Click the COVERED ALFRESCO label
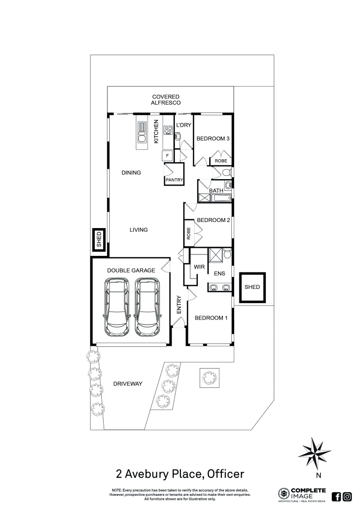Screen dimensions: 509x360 pyautogui.click(x=165, y=99)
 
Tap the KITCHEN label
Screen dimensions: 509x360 pyautogui.click(x=156, y=131)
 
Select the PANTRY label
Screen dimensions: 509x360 pyautogui.click(x=174, y=180)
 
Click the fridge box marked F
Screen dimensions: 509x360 pyautogui.click(x=167, y=155)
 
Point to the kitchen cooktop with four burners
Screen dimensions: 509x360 pyautogui.click(x=168, y=131)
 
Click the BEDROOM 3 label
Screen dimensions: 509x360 pyautogui.click(x=213, y=139)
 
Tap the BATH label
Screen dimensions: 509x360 pyautogui.click(x=216, y=190)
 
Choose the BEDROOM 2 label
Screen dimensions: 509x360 pyautogui.click(x=213, y=220)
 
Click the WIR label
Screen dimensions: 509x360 pyautogui.click(x=199, y=267)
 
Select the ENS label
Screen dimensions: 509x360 pyautogui.click(x=220, y=273)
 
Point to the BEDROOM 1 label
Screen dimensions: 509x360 pyautogui.click(x=211, y=318)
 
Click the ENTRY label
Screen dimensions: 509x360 pyautogui.click(x=179, y=305)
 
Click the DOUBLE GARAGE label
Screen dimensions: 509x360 pyautogui.click(x=131, y=271)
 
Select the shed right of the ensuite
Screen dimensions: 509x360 pyautogui.click(x=252, y=287)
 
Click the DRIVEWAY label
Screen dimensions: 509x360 pyautogui.click(x=128, y=384)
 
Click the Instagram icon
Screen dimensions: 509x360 pyautogui.click(x=347, y=496)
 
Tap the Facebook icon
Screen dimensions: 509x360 pyautogui.click(x=336, y=496)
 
